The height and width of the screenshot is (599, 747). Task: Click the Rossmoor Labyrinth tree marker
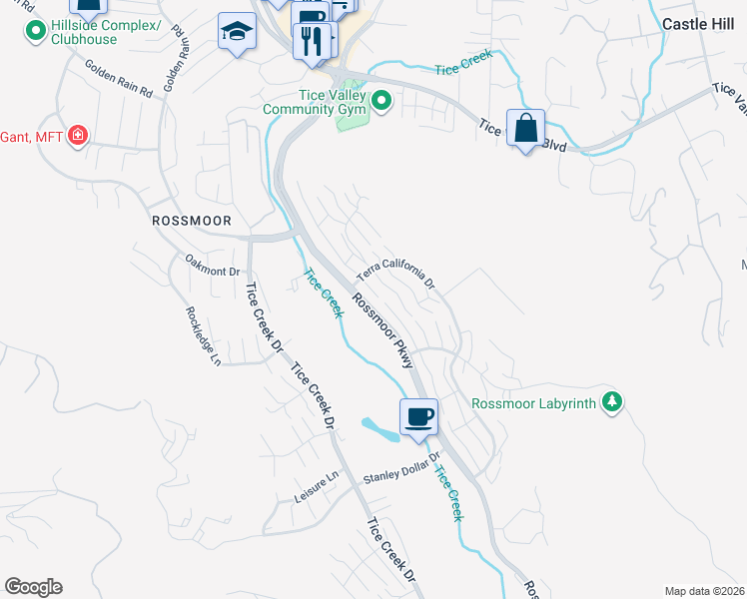(x=611, y=403)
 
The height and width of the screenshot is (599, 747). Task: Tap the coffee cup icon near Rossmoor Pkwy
(x=417, y=415)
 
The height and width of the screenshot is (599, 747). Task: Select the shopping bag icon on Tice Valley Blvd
(x=525, y=127)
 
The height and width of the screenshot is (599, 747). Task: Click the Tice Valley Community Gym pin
(x=381, y=100)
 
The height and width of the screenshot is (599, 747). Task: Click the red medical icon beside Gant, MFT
(x=78, y=135)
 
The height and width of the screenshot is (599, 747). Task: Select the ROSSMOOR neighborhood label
(x=192, y=220)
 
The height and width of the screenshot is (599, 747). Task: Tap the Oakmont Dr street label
(x=213, y=265)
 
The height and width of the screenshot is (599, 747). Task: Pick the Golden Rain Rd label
(x=118, y=80)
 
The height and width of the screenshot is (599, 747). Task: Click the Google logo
(x=33, y=587)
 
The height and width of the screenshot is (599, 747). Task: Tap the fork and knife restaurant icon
(x=315, y=40)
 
